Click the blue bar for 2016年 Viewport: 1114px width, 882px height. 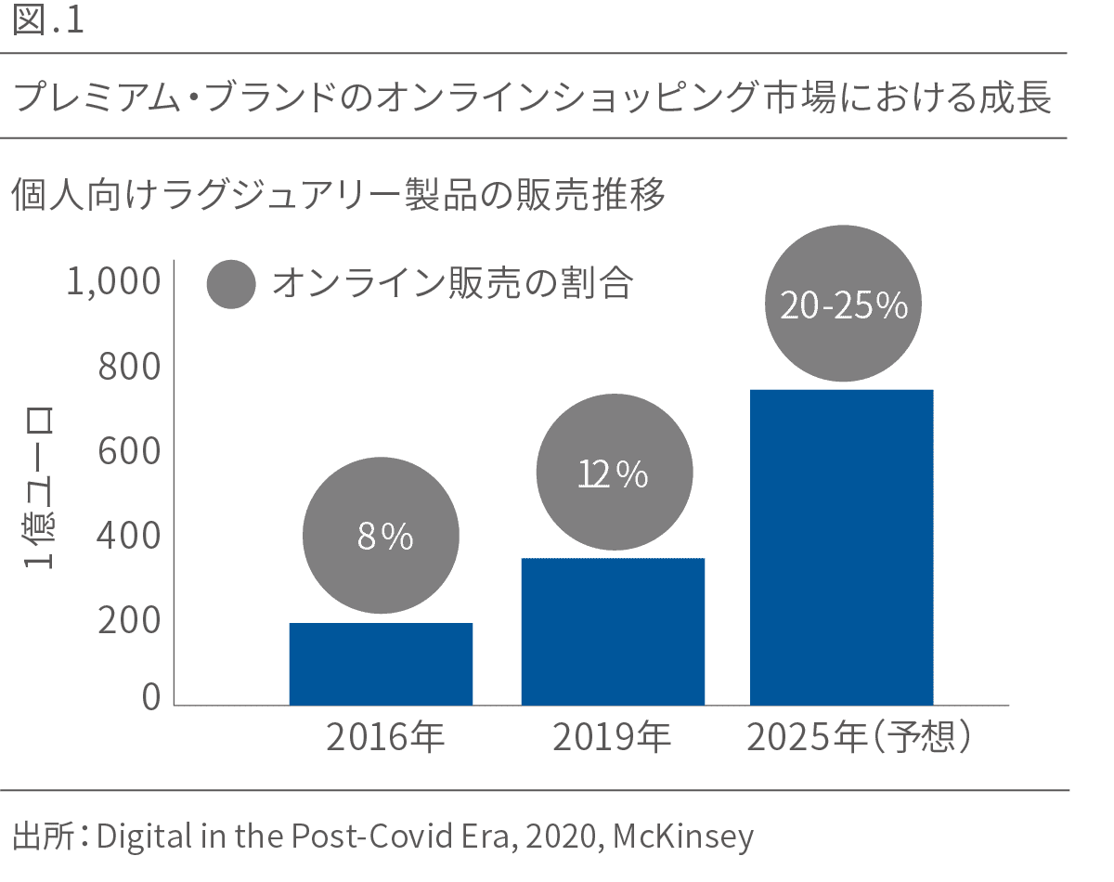point(381,664)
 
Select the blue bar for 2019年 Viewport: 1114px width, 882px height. point(613,631)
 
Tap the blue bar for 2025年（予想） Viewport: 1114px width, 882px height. point(841,547)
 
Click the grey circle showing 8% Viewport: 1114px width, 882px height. point(381,536)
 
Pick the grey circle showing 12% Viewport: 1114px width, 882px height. point(614,473)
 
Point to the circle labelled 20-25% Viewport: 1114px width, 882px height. point(843,305)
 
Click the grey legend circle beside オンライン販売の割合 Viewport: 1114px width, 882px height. point(231,284)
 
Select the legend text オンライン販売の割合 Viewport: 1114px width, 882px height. point(452,284)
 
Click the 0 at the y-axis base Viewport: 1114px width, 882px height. point(151,697)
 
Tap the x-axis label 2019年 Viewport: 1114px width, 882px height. point(613,739)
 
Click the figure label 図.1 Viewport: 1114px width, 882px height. point(49,22)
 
